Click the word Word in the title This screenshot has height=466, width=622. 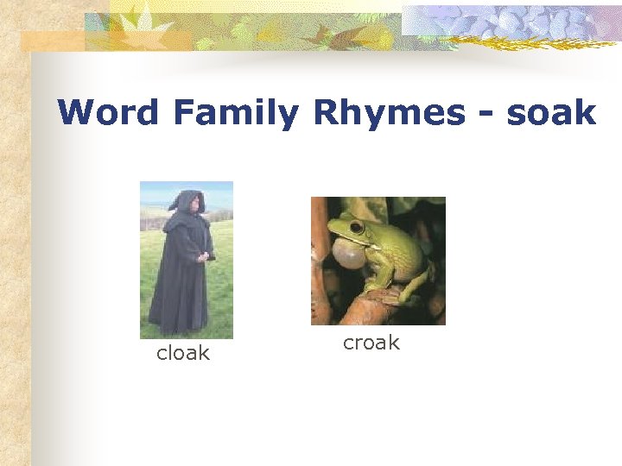[x=109, y=113]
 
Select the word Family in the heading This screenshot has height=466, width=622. [x=235, y=113]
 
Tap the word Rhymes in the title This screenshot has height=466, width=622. [x=389, y=113]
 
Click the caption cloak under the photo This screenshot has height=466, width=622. [x=182, y=353]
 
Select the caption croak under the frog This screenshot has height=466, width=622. [x=371, y=343]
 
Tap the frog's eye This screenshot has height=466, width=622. [x=356, y=227]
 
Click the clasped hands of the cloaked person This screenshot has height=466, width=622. [x=205, y=255]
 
